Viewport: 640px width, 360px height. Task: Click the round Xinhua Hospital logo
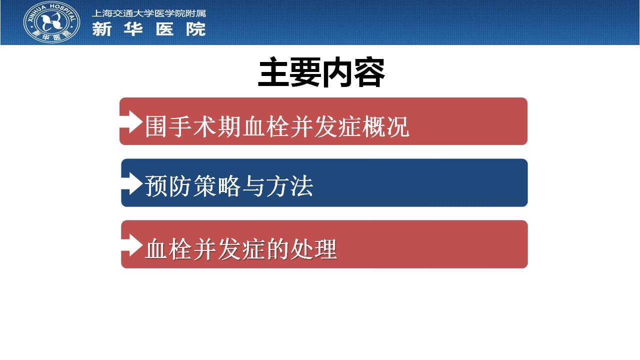pyautogui.click(x=51, y=22)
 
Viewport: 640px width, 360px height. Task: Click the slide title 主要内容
pyautogui.click(x=321, y=72)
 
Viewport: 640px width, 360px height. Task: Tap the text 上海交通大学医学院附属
pyautogui.click(x=148, y=13)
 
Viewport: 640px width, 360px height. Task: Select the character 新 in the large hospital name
pyautogui.click(x=101, y=29)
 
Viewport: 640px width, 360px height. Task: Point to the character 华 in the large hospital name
pyautogui.click(x=133, y=29)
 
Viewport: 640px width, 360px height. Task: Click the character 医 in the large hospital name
pyautogui.click(x=165, y=29)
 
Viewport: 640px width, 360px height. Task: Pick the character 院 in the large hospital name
pyautogui.click(x=196, y=29)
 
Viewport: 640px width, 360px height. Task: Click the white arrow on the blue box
pyautogui.click(x=131, y=183)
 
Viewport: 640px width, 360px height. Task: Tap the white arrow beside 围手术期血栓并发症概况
pyautogui.click(x=131, y=122)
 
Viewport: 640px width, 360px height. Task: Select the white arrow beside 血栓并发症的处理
pyautogui.click(x=131, y=245)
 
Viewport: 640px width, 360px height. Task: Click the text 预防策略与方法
pyautogui.click(x=229, y=186)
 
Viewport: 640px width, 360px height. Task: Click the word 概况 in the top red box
pyautogui.click(x=385, y=126)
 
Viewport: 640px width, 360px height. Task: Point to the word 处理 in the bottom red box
pyautogui.click(x=313, y=249)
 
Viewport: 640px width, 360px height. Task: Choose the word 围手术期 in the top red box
pyautogui.click(x=192, y=126)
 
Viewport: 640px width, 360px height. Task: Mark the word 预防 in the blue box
pyautogui.click(x=168, y=186)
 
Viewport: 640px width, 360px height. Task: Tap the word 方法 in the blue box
pyautogui.click(x=289, y=186)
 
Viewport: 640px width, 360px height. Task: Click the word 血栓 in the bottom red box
pyautogui.click(x=168, y=249)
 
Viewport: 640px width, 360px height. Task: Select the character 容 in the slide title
pyautogui.click(x=369, y=72)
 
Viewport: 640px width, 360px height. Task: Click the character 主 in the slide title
pyautogui.click(x=273, y=72)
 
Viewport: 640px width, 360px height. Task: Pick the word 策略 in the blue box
pyautogui.click(x=217, y=186)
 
